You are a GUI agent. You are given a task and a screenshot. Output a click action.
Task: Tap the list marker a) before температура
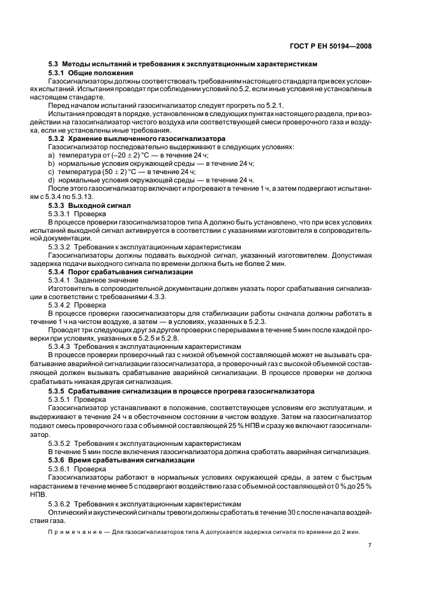point(51,155)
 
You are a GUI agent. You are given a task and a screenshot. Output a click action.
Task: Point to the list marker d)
point(51,180)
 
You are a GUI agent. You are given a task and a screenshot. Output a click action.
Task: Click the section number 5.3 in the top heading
point(54,64)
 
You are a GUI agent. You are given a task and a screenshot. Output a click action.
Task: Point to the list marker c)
point(51,172)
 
